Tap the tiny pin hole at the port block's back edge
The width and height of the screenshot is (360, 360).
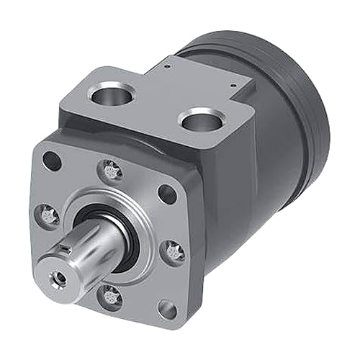(167, 66)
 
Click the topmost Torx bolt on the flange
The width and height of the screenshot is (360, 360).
(111, 171)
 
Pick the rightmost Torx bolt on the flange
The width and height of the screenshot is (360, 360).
(174, 251)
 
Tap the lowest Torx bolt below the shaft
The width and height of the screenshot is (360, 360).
(109, 294)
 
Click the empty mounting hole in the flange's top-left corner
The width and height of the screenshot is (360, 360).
(50, 161)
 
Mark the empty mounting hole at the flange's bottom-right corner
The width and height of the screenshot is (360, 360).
(167, 310)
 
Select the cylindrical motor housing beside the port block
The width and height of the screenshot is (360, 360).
(281, 180)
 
